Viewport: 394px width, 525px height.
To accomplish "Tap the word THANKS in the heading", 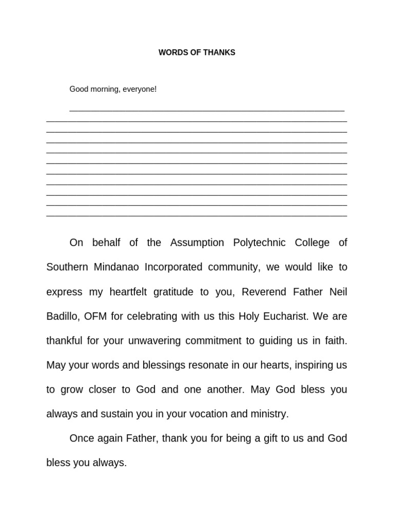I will pos(220,53).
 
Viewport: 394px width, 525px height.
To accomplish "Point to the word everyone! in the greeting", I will pos(140,89).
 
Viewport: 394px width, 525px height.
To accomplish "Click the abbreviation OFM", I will pos(95,316).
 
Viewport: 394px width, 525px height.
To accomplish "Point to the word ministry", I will pos(269,414).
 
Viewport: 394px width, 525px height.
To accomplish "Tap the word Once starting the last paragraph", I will pos(82,438).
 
